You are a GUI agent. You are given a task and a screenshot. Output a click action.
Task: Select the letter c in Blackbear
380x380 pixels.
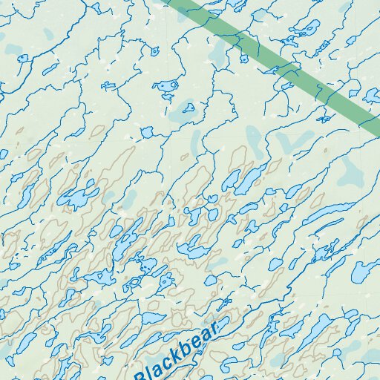[x=171, y=361]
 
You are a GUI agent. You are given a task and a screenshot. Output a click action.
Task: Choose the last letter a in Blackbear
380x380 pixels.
[x=204, y=336]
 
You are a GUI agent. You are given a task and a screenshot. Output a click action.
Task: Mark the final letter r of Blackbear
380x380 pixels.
[x=213, y=329]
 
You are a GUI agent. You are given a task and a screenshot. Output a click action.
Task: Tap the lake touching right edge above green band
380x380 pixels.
[x=372, y=95]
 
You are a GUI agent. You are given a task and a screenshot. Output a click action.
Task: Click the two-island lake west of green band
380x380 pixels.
[x=166, y=86]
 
